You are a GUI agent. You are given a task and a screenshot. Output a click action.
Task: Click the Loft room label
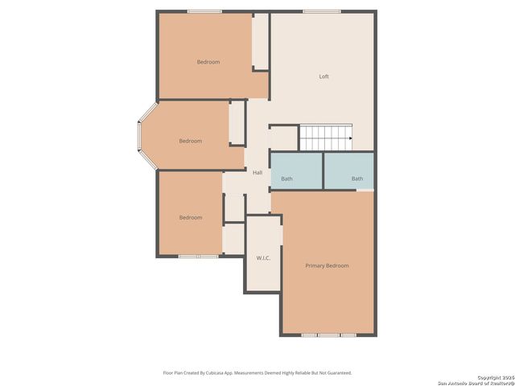tap(323, 76)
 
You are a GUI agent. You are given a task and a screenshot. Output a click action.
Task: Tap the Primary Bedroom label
tap(327, 265)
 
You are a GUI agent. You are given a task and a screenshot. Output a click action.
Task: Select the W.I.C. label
tap(263, 257)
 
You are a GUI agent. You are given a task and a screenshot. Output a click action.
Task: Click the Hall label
tap(257, 173)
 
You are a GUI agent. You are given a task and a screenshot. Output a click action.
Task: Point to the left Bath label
tap(287, 179)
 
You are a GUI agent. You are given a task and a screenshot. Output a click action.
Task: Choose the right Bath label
tap(357, 179)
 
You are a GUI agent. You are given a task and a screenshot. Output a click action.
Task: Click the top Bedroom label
tap(208, 62)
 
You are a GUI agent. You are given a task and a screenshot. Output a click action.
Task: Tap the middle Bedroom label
tap(191, 141)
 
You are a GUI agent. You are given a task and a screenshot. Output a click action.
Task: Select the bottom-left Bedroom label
tap(191, 217)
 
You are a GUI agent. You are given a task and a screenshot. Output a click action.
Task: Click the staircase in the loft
tap(326, 138)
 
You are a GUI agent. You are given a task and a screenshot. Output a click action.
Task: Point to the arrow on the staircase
tap(351, 138)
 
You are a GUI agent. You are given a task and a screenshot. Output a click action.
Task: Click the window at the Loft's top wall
tap(315, 11)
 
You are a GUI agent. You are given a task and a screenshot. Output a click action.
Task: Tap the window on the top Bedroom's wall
tap(204, 11)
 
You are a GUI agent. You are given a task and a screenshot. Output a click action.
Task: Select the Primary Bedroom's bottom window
tap(328, 335)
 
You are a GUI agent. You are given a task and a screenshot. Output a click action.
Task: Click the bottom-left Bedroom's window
tap(198, 257)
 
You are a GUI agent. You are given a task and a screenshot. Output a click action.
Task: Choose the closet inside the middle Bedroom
tap(237, 122)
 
